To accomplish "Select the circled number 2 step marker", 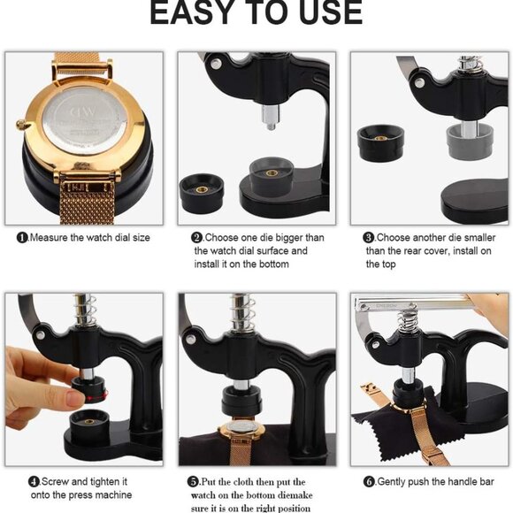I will point(197,238).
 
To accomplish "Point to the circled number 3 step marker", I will point(370,238).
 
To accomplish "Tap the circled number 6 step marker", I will point(370,481).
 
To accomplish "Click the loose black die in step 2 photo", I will point(202,193).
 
